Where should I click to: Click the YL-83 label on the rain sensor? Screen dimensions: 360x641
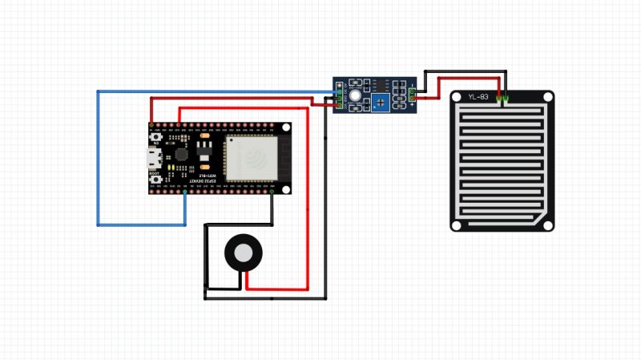point(478,97)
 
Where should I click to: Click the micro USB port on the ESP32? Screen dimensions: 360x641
point(152,157)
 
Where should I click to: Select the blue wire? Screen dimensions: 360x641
point(99,160)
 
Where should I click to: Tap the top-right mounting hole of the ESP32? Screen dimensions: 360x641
point(284,127)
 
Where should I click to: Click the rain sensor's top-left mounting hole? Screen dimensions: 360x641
point(457,97)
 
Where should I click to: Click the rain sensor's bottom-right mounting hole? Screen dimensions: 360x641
point(547,224)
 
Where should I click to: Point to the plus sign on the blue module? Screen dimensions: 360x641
point(412,104)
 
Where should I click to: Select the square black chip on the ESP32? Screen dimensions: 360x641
point(183,152)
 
